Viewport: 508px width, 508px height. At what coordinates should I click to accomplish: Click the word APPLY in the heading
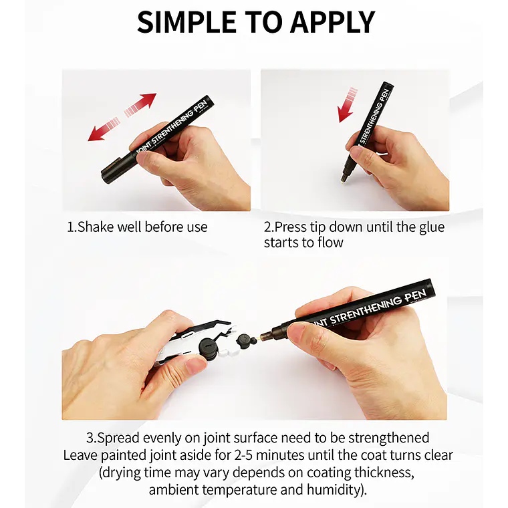tap(333, 22)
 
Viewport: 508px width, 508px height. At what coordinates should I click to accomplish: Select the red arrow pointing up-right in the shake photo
tap(140, 104)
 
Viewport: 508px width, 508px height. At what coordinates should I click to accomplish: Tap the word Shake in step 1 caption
tap(95, 227)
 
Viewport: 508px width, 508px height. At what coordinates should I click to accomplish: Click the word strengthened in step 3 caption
tap(389, 438)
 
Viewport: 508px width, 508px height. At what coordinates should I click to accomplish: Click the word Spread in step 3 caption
tap(118, 438)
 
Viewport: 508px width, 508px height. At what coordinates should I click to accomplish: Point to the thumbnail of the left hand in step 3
tap(197, 365)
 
